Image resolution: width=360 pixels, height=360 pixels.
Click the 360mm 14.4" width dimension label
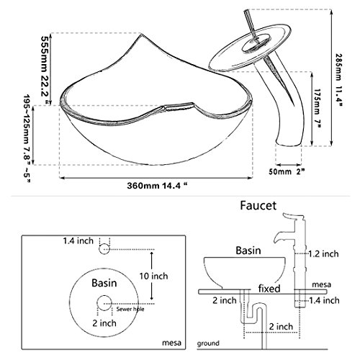[x=157, y=186]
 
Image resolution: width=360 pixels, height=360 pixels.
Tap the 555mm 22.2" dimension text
[x=45, y=70]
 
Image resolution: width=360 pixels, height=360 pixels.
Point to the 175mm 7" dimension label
[x=318, y=109]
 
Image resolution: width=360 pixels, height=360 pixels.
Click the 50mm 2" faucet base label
[x=287, y=171]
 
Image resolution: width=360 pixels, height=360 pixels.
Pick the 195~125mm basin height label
[x=27, y=138]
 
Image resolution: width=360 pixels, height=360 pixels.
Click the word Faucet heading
[x=258, y=206]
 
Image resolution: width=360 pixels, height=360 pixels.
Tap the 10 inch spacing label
[x=153, y=276]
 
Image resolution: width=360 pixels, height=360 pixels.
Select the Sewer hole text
[x=130, y=309]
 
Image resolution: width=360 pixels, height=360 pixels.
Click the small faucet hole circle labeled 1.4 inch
[x=104, y=249]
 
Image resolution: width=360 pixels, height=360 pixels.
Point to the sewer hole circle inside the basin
[x=104, y=303]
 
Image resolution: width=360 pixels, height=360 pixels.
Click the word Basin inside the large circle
[x=104, y=283]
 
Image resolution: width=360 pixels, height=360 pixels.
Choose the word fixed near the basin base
[x=269, y=288]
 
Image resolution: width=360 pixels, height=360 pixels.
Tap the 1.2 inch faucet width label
[x=323, y=253]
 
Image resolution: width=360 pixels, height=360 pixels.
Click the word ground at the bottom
[x=208, y=343]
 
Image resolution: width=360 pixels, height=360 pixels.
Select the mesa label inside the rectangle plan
[x=171, y=343]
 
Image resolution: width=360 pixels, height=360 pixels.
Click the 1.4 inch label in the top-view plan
[x=78, y=240]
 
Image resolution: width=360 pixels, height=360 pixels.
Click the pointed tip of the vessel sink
[x=141, y=34]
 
